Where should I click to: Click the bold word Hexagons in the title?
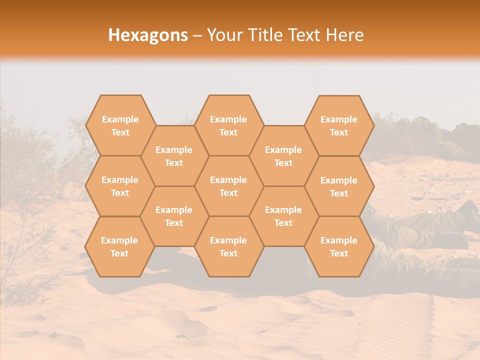(x=148, y=35)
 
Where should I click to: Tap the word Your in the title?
(x=224, y=35)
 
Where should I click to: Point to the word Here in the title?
(x=345, y=35)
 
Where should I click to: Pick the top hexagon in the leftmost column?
(x=120, y=125)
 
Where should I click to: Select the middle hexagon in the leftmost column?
(x=120, y=186)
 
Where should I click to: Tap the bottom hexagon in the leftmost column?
(x=119, y=246)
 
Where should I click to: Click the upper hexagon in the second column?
(x=174, y=156)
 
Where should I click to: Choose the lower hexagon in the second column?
(x=174, y=216)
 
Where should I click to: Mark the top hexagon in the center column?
(x=228, y=125)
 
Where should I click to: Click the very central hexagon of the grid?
(x=228, y=186)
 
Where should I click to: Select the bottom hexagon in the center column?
(x=228, y=246)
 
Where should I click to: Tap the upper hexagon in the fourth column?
(x=283, y=156)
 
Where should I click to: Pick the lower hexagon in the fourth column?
(x=283, y=216)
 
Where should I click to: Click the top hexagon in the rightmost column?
(x=339, y=125)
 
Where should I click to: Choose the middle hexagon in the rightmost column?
(x=339, y=186)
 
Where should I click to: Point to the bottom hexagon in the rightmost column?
(x=339, y=246)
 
